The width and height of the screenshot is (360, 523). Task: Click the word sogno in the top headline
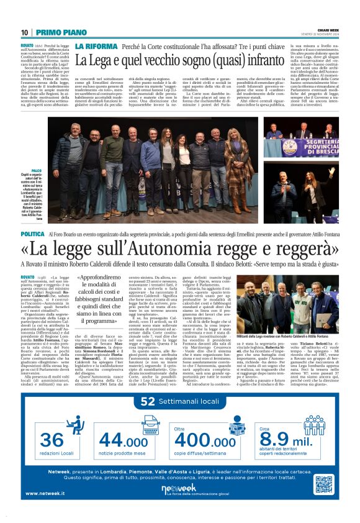coord(204,60)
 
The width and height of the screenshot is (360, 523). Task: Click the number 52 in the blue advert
coord(148,401)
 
